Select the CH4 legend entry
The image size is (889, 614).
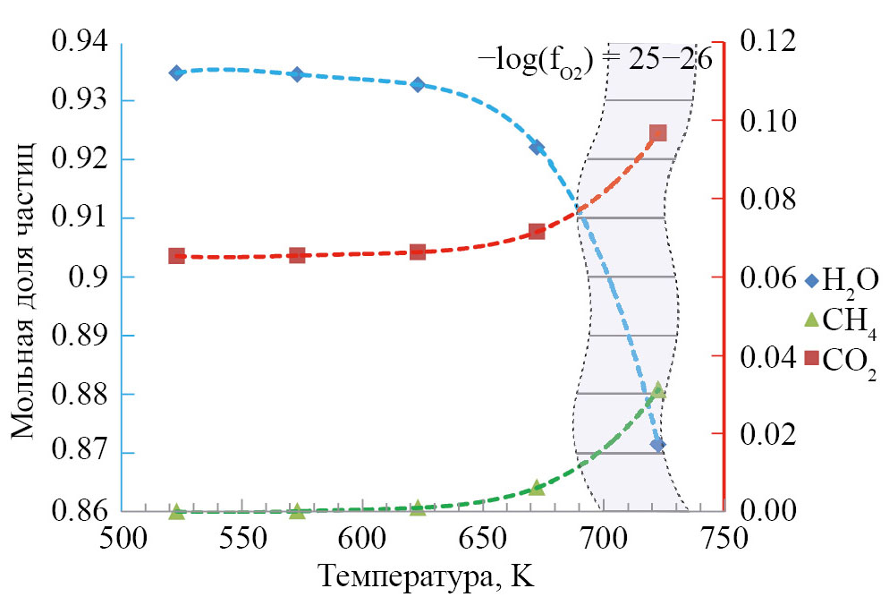(x=838, y=320)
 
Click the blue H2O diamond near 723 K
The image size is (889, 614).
(x=657, y=444)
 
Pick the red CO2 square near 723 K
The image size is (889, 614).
(x=657, y=133)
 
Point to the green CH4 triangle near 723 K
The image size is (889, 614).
(x=657, y=391)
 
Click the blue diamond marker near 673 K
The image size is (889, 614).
(x=537, y=148)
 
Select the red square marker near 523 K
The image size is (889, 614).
(x=176, y=256)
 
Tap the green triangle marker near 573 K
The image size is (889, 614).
(x=297, y=511)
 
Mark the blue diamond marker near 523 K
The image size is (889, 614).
(x=176, y=72)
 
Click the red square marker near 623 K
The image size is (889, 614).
(x=417, y=252)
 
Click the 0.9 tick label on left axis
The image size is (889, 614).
(x=89, y=277)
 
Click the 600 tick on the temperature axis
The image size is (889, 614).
(x=362, y=541)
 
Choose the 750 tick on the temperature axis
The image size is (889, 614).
(x=724, y=541)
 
